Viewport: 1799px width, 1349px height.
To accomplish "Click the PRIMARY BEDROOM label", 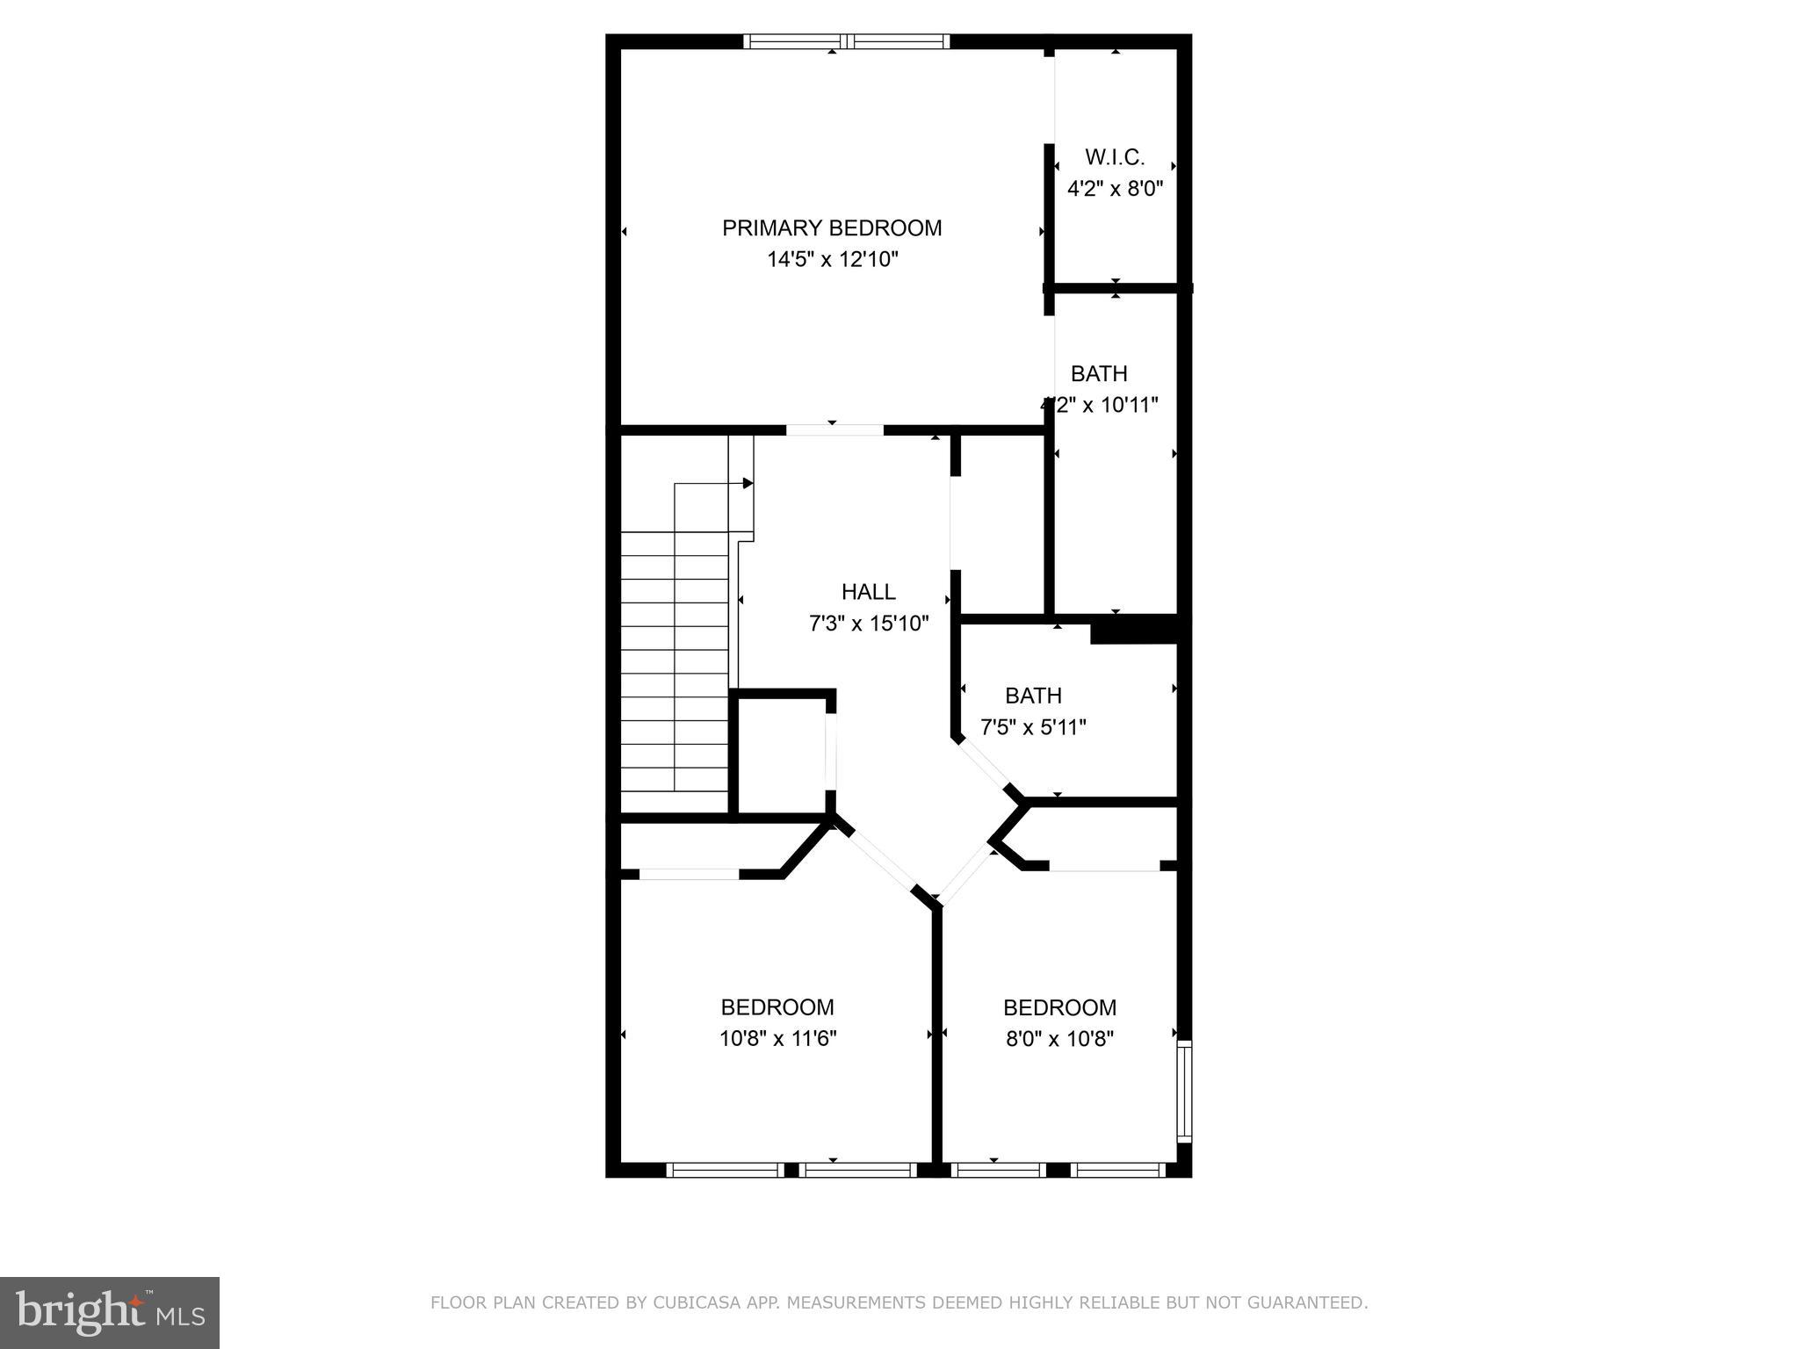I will click(x=831, y=228).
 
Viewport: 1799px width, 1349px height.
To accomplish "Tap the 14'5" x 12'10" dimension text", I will click(x=831, y=260).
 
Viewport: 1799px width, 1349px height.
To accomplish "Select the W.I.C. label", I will click(x=1115, y=157).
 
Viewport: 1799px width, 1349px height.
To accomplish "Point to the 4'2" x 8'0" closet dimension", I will click(x=1115, y=189).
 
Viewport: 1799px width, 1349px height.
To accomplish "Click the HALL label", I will click(x=868, y=592).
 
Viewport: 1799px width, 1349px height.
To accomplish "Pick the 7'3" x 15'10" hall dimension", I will click(x=868, y=624).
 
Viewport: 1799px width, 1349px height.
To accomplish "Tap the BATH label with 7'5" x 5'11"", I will click(x=1033, y=696).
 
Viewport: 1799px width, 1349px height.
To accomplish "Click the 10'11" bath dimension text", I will click(x=1098, y=405).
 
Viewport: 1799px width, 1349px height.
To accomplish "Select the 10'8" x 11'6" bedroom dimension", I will click(x=777, y=1039).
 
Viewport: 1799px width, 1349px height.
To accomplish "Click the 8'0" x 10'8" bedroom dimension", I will click(x=1059, y=1039).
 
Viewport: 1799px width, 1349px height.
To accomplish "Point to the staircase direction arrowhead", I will click(x=748, y=483).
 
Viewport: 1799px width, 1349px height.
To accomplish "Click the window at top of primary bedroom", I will click(x=846, y=40).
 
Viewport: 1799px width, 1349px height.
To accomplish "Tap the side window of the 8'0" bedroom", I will click(x=1183, y=1091).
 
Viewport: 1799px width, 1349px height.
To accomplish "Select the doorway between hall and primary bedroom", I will click(x=834, y=430).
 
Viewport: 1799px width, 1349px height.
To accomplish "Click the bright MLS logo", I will click(x=109, y=1312).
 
